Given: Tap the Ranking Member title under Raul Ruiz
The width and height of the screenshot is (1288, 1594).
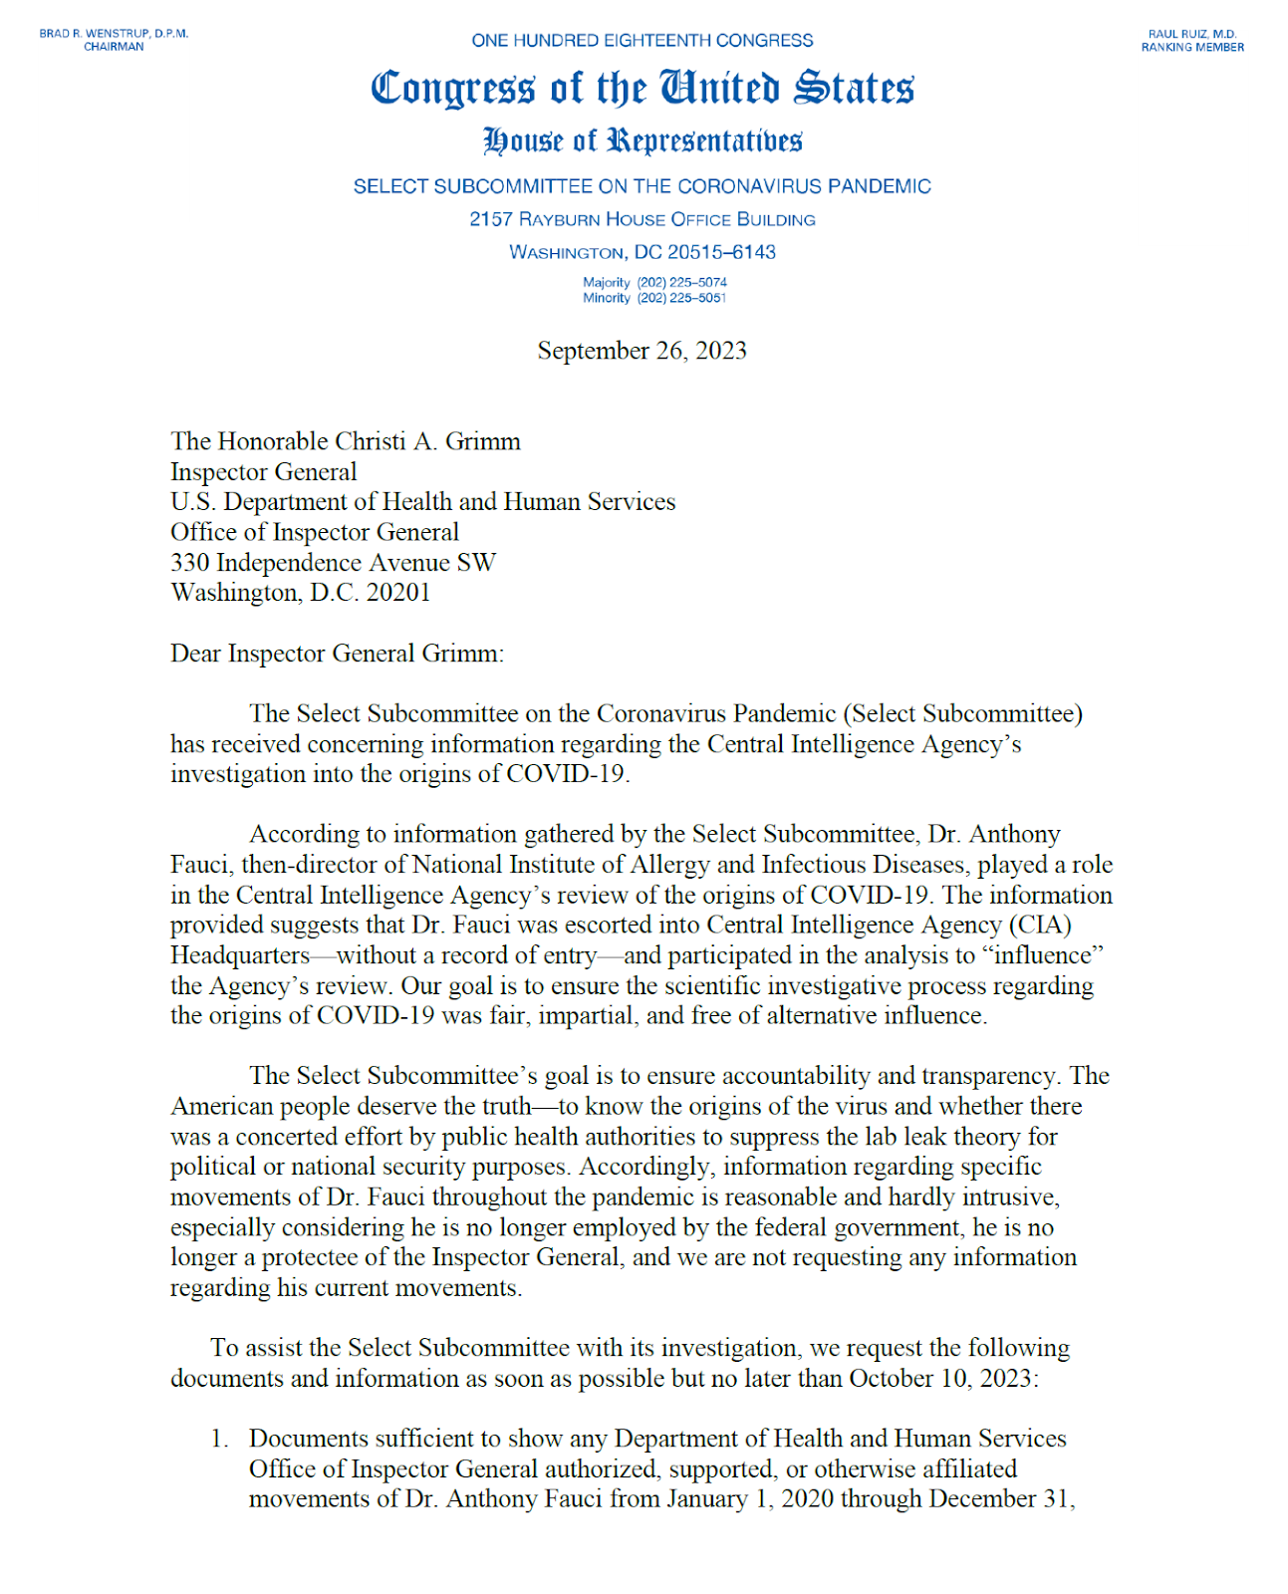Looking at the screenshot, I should tap(1192, 48).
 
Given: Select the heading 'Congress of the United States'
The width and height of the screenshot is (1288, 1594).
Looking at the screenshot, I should tap(643, 89).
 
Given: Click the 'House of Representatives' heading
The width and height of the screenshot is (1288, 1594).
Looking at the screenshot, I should tap(643, 140).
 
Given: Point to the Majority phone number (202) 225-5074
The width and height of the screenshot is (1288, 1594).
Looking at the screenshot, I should tap(682, 283).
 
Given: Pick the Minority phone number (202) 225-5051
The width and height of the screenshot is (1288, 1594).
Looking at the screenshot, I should tap(682, 298).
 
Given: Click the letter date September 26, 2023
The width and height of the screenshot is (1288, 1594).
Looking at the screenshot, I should tap(643, 351).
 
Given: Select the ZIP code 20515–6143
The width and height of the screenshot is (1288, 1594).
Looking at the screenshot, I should tap(721, 252).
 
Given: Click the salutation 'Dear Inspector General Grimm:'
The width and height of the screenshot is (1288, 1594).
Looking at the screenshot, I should tap(337, 654).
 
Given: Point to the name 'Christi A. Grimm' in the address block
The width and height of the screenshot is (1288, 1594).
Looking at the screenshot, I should tap(427, 441).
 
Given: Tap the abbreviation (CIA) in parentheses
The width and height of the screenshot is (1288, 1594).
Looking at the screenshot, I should tap(1040, 926).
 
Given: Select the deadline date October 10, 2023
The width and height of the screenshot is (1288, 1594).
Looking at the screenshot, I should tap(942, 1379).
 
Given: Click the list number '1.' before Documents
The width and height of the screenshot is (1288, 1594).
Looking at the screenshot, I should tap(219, 1439).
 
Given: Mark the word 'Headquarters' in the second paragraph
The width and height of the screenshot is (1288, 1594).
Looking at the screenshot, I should tap(240, 955).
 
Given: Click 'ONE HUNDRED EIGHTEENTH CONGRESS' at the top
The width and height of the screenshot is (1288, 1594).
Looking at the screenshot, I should tap(643, 41).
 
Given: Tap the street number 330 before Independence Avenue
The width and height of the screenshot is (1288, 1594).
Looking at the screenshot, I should tap(189, 563).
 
